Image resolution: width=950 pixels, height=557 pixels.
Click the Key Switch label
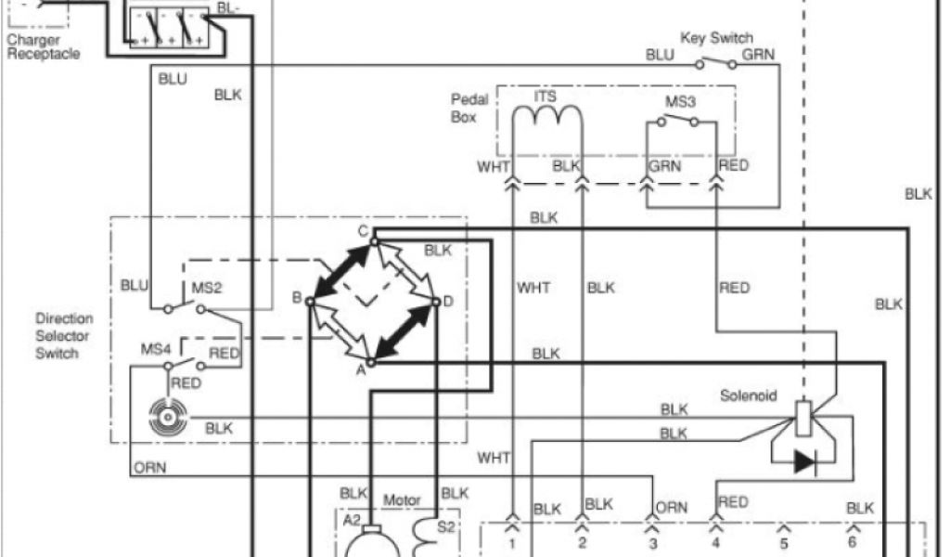[x=716, y=38]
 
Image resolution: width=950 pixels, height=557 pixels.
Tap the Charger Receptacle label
[x=44, y=47]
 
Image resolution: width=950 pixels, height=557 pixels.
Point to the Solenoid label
[x=745, y=396]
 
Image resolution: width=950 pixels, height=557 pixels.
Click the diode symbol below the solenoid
[x=803, y=462]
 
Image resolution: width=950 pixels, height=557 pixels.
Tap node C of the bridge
[x=373, y=241]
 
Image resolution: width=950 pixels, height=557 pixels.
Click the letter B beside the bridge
[x=297, y=298]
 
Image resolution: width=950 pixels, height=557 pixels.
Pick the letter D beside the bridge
[x=448, y=301]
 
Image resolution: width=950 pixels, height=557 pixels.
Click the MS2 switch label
[x=206, y=288]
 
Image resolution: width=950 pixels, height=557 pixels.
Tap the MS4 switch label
[x=155, y=349]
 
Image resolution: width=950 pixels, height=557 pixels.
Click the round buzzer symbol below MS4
[x=168, y=420]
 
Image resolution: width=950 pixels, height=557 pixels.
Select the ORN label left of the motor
[x=149, y=467]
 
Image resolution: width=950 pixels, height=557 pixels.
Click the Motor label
[x=402, y=500]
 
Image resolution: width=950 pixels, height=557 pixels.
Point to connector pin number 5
[x=782, y=541]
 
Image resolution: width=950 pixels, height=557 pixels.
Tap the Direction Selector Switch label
[x=64, y=336]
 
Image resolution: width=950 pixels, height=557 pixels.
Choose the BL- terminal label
[x=227, y=8]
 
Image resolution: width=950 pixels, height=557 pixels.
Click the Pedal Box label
[x=463, y=109]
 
